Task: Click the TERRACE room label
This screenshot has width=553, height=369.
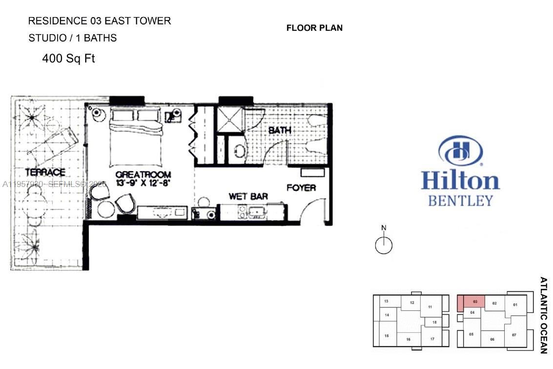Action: click(45, 172)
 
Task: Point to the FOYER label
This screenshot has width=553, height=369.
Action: click(301, 188)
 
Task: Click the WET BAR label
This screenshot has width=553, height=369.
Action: click(248, 197)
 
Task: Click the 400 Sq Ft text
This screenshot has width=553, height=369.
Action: click(68, 59)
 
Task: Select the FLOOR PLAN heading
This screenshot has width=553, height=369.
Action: click(314, 28)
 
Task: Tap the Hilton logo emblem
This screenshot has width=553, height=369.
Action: click(460, 151)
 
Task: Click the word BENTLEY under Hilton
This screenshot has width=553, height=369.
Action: click(460, 201)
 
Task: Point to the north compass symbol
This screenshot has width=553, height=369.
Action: click(384, 244)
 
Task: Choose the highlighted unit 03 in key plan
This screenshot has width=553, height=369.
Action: click(471, 302)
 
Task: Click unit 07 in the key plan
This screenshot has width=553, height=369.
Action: click(514, 335)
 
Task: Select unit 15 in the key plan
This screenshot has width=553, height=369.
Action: click(386, 335)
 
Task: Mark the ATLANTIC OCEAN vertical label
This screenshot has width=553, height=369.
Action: click(543, 315)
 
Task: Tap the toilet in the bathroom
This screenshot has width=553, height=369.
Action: click(239, 151)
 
